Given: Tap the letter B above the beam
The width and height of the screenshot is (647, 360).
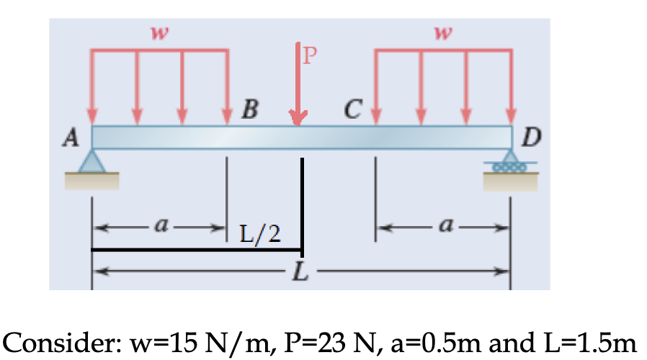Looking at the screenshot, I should click(x=249, y=110).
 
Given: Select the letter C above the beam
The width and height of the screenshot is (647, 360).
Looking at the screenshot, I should click(x=353, y=110).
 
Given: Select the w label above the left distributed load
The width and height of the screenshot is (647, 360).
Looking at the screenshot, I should click(x=155, y=31).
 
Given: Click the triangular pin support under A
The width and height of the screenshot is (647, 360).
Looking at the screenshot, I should click(x=92, y=161).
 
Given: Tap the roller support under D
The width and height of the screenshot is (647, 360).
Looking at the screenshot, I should click(x=511, y=163).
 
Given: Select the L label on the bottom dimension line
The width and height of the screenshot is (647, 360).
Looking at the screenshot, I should click(x=300, y=273).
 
